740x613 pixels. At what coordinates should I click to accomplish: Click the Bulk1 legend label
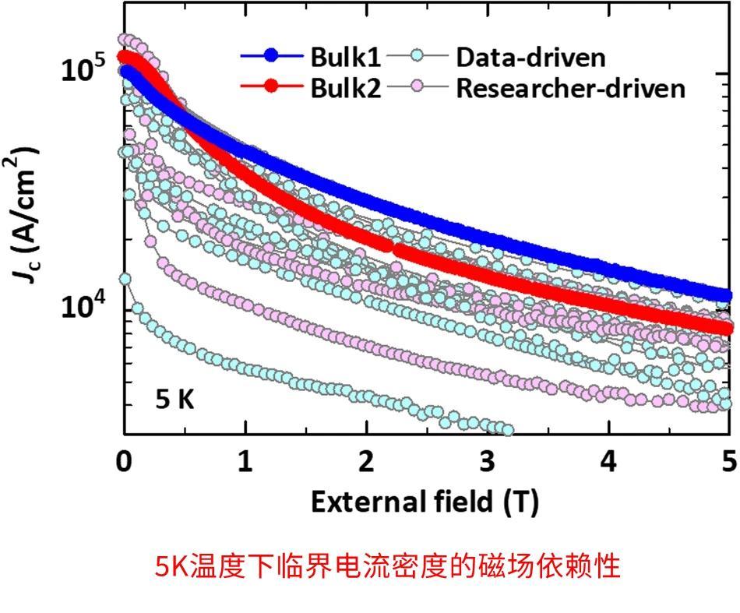(345, 57)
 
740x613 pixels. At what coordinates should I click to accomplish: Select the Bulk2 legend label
(345, 88)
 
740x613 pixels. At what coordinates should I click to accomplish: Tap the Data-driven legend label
(530, 57)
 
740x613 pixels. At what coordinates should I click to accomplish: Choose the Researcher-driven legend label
(570, 88)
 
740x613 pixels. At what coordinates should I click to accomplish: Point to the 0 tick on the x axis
(124, 461)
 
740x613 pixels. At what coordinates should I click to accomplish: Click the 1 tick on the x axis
(245, 461)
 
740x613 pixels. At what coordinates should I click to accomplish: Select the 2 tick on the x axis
(366, 461)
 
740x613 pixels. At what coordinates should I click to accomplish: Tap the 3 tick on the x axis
(488, 461)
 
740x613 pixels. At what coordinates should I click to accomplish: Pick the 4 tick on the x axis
(608, 461)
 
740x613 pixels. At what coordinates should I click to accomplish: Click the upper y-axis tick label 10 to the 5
(83, 69)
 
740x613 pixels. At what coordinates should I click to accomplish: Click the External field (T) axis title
(425, 502)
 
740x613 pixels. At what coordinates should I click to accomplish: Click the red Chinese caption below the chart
(388, 566)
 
